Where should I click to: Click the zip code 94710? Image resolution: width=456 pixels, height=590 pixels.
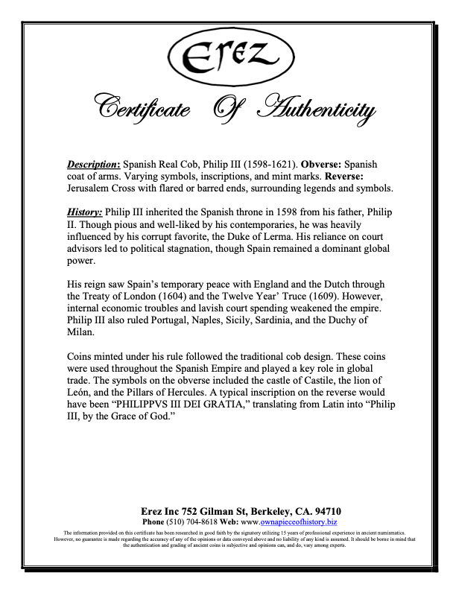[x=326, y=511]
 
